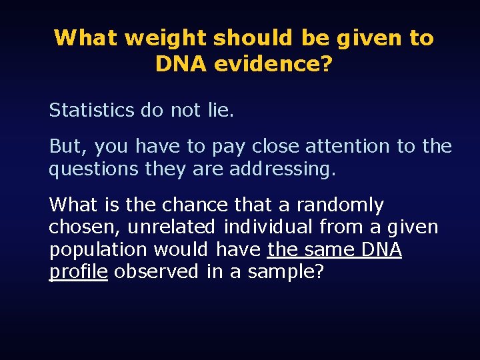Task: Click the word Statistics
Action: point(91,110)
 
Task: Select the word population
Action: point(98,249)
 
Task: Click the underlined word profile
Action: point(78,272)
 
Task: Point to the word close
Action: point(275,146)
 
